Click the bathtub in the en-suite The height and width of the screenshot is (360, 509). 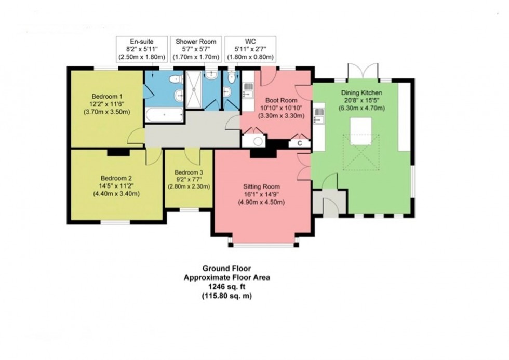click(x=164, y=115)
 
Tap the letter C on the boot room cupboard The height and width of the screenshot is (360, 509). click(x=299, y=143)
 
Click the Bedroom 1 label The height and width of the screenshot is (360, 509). click(x=107, y=97)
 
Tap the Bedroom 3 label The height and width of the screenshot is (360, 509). click(x=189, y=172)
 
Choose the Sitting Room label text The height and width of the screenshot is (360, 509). click(x=262, y=186)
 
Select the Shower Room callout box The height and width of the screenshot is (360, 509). click(x=198, y=48)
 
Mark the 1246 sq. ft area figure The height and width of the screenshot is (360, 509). click(x=226, y=287)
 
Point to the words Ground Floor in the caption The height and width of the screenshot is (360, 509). click(x=226, y=269)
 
